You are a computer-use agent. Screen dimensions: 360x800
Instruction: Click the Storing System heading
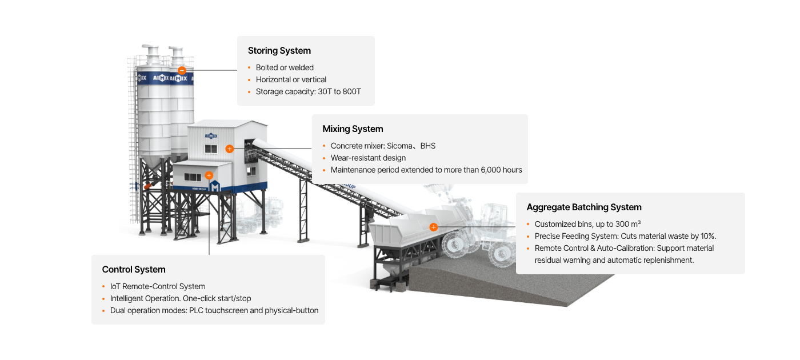click(x=279, y=51)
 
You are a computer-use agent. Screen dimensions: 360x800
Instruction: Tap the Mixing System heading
click(x=353, y=129)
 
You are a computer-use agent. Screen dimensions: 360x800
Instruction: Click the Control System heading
click(x=134, y=270)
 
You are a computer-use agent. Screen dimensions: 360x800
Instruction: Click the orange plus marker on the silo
click(x=182, y=70)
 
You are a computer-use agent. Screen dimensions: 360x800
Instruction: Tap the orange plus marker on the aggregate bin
click(x=433, y=227)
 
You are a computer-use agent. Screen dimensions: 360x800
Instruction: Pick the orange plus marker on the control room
click(x=209, y=175)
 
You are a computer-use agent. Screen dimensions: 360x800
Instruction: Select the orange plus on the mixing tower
click(x=229, y=149)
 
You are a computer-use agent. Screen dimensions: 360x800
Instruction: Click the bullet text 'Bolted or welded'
click(x=285, y=67)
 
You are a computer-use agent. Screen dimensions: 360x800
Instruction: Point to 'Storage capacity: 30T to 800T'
click(x=308, y=91)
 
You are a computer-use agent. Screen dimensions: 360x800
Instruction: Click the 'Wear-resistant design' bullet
click(x=368, y=158)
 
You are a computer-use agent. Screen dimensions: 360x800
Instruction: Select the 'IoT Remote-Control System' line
click(x=157, y=286)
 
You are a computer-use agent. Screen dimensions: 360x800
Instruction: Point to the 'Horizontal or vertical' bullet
click(x=291, y=79)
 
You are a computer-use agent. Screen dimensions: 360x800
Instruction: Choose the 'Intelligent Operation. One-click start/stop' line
click(x=181, y=298)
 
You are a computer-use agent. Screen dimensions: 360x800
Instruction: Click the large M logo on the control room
click(x=215, y=187)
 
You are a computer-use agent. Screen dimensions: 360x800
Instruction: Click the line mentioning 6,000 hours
click(x=426, y=170)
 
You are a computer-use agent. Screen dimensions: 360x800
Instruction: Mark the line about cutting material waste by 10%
click(x=625, y=236)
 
